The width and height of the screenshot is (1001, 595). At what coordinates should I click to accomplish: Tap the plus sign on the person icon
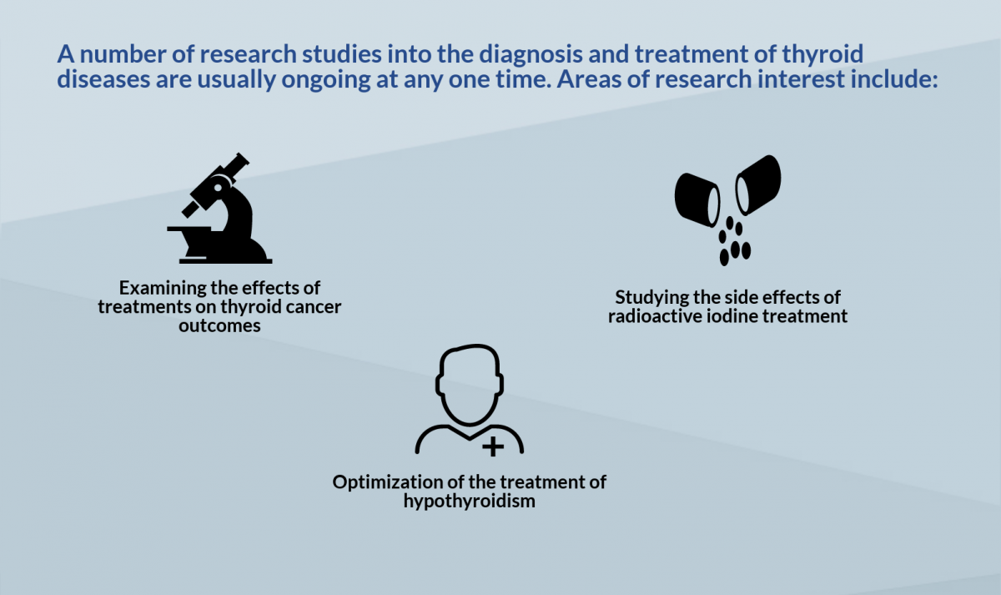[493, 446]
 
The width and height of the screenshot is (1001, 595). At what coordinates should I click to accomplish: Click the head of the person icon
[469, 385]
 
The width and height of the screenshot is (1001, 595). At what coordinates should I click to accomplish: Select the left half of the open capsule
[697, 199]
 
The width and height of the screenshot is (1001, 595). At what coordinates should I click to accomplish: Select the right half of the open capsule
[758, 184]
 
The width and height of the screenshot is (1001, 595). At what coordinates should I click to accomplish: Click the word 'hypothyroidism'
[469, 502]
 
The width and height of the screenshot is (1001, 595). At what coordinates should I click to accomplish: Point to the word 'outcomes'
[219, 326]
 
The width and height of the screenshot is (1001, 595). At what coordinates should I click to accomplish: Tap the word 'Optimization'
[387, 482]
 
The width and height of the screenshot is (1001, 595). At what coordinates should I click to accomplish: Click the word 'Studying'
[652, 298]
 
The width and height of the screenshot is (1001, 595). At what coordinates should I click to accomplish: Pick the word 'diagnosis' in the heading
[531, 54]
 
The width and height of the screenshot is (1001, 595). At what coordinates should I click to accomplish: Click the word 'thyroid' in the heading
[822, 54]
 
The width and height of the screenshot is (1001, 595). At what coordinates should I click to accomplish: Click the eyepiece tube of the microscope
[233, 168]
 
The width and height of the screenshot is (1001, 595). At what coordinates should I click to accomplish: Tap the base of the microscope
[226, 260]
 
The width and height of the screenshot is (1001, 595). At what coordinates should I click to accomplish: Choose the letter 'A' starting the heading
[66, 54]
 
